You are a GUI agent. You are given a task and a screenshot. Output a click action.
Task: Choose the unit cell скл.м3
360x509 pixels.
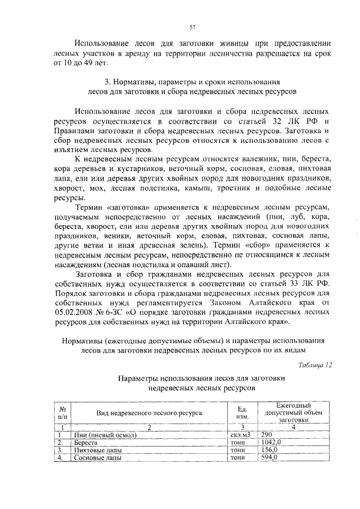240,435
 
